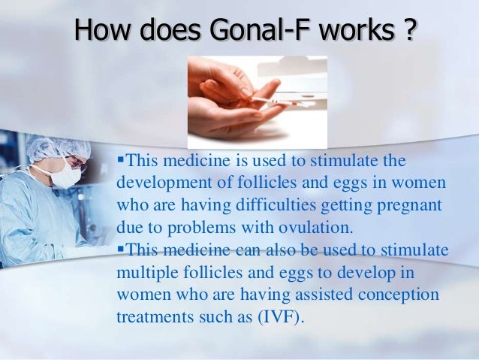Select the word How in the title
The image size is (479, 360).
[x=102, y=31]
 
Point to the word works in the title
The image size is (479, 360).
[x=351, y=31]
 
